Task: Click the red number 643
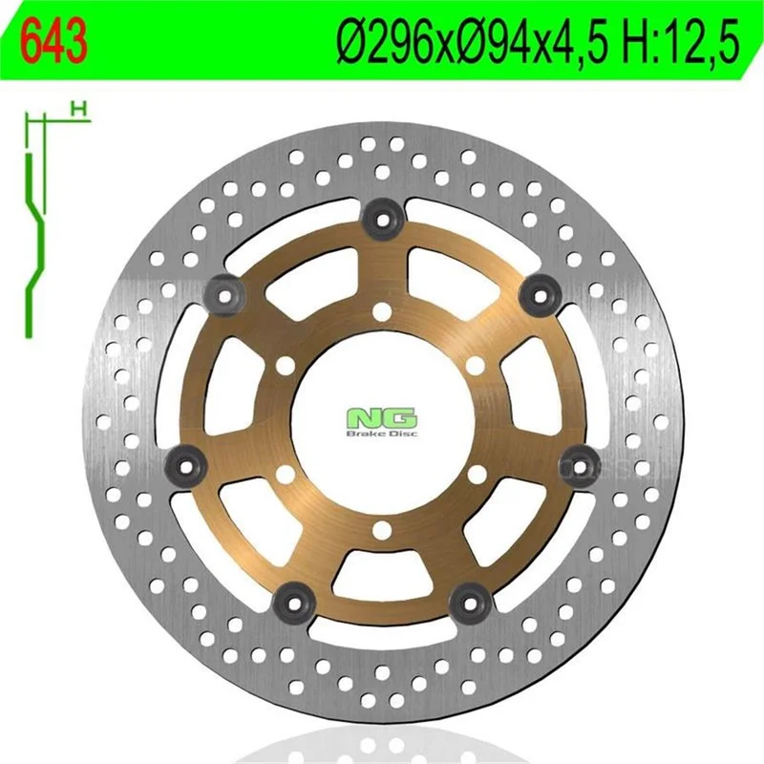click(x=54, y=42)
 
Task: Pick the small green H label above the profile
click(x=78, y=109)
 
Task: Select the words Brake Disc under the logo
click(x=382, y=434)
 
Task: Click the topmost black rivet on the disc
click(x=382, y=221)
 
